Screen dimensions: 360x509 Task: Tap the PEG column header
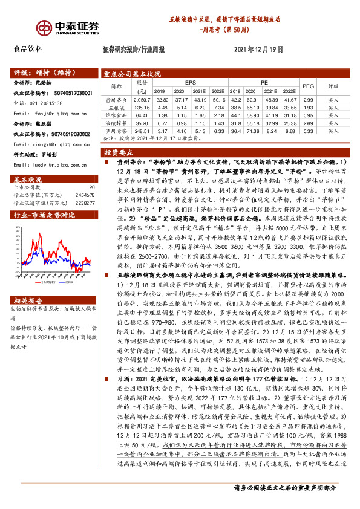tap(308, 86)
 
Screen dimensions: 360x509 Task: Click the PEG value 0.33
tap(308, 131)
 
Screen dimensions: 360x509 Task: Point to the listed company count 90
tap(91, 187)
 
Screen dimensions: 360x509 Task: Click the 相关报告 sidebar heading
tap(28, 300)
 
